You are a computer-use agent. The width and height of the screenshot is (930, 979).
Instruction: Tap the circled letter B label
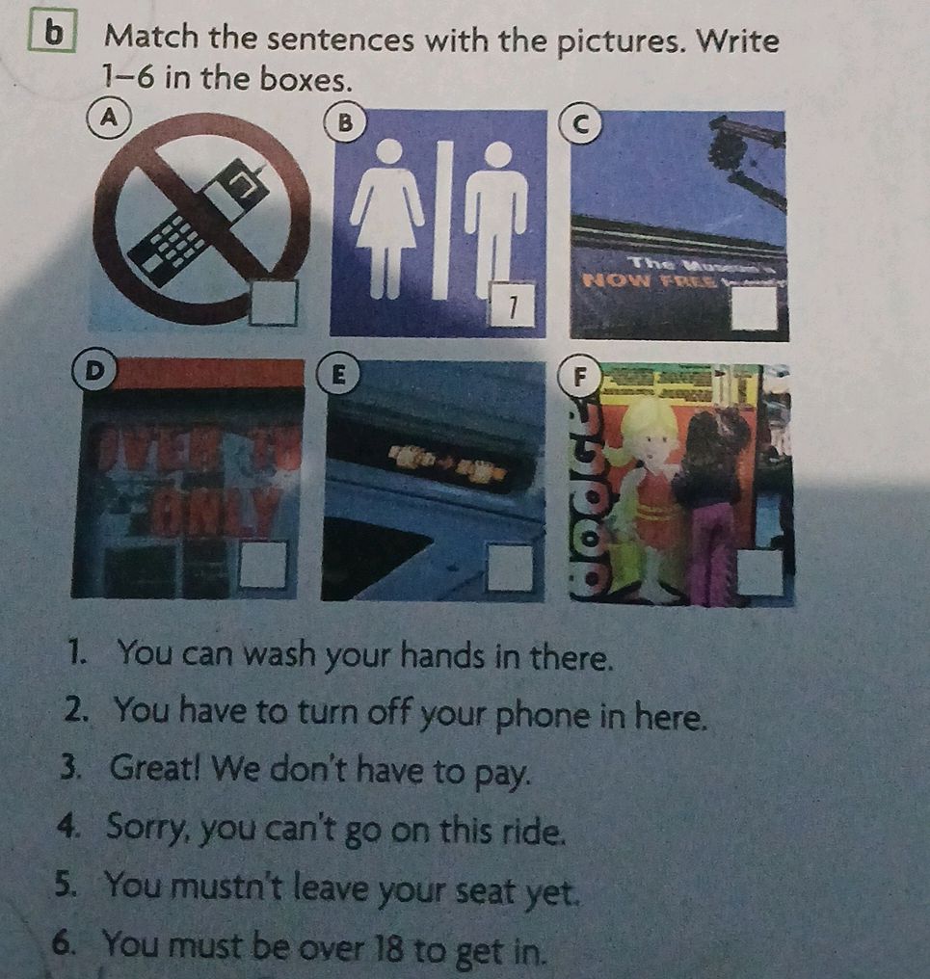342,122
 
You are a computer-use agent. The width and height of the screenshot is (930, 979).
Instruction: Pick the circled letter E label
337,371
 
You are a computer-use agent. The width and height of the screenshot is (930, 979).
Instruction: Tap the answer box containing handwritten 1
513,305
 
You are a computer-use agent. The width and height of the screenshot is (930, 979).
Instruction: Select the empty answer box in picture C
754,307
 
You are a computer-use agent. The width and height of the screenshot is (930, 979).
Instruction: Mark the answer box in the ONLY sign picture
263,563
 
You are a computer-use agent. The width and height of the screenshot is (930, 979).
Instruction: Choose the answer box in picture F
760,572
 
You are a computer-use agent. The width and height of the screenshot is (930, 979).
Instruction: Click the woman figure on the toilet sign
387,217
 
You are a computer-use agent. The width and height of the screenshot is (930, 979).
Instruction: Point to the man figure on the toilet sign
496,217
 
